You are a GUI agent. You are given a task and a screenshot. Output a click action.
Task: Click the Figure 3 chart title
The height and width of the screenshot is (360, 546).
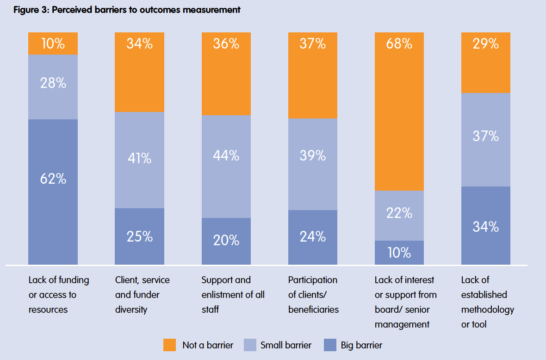pyautogui.click(x=127, y=10)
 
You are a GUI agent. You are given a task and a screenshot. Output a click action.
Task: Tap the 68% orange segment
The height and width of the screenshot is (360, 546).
pyautogui.click(x=399, y=111)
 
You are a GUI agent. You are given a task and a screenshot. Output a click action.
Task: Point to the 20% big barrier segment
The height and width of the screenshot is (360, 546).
pyautogui.click(x=226, y=241)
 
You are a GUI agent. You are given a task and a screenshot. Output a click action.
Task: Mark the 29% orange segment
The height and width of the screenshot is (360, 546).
pyautogui.click(x=486, y=62)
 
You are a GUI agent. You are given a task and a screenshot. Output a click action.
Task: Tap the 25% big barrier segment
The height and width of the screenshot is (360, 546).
pyautogui.click(x=139, y=236)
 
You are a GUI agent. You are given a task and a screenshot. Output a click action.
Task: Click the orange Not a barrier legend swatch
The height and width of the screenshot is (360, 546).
pyautogui.click(x=170, y=345)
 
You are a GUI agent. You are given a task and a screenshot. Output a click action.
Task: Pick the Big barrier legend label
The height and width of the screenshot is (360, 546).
pyautogui.click(x=361, y=345)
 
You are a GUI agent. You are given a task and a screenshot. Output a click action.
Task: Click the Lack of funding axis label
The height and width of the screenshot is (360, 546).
pyautogui.click(x=58, y=295)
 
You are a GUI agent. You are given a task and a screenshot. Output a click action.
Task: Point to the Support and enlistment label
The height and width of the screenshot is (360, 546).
pyautogui.click(x=233, y=295)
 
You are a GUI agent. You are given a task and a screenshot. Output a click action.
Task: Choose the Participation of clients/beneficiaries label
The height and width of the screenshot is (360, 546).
pyautogui.click(x=313, y=295)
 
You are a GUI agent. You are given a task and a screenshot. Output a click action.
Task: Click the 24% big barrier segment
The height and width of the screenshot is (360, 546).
pyautogui.click(x=313, y=237)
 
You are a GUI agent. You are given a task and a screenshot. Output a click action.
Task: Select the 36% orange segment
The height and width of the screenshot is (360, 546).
pyautogui.click(x=226, y=74)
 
